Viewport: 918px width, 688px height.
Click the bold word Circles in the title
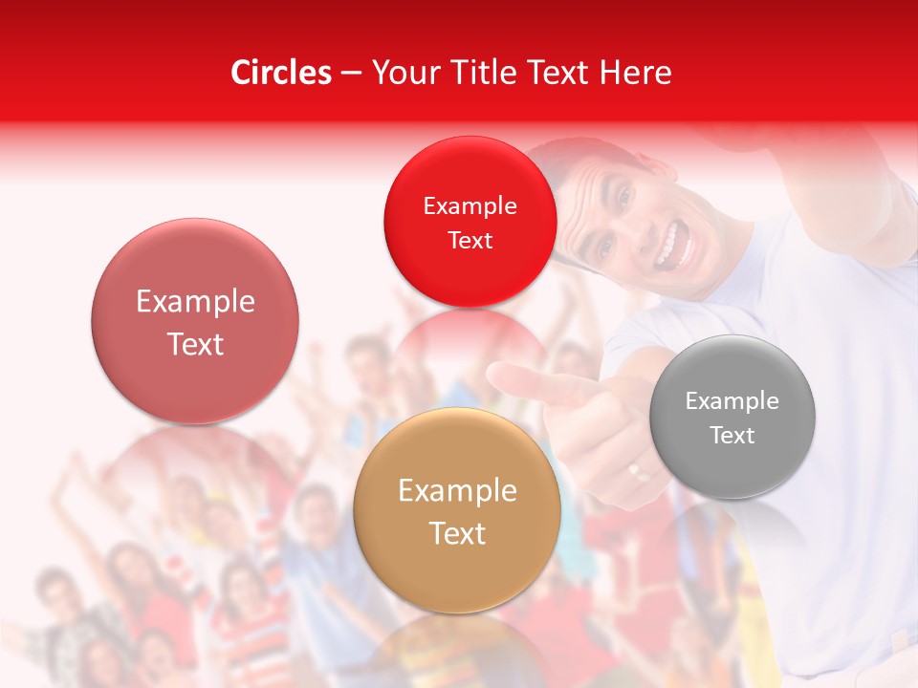[x=281, y=73]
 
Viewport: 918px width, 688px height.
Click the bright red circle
[x=470, y=222]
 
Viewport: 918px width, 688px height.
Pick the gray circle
[x=732, y=417]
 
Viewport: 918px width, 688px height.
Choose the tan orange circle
[x=457, y=511]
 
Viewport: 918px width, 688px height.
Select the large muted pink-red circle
[x=195, y=321]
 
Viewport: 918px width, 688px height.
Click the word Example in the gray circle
[x=732, y=401]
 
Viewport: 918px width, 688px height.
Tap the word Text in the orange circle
[x=458, y=533]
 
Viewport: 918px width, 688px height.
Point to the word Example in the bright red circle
[x=470, y=206]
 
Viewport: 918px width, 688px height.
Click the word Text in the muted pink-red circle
[x=195, y=344]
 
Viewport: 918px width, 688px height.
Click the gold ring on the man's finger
[x=637, y=470]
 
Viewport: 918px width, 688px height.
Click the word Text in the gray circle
[x=732, y=436]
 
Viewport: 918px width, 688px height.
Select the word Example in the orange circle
[x=457, y=491]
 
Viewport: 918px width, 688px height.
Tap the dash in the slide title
[x=351, y=74]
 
